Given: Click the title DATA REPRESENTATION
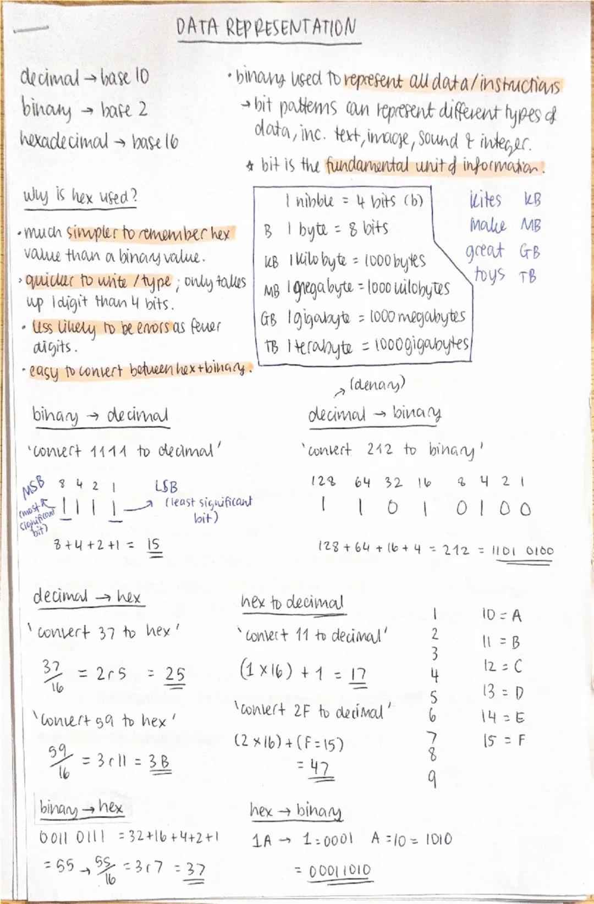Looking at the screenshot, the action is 266,27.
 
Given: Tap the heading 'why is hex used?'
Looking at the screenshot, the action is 80,196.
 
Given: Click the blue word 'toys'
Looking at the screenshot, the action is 490,273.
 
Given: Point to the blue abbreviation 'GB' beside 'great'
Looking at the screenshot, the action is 530,252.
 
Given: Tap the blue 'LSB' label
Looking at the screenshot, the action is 167,487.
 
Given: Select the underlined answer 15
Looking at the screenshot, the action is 153,545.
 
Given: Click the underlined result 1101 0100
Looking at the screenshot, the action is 522,550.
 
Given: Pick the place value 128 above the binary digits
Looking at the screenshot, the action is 323,482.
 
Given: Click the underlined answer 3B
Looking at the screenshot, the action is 159,762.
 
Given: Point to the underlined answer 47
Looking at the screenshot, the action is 320,767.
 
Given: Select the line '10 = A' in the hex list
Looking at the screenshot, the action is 501,615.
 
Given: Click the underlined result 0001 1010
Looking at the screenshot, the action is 339,870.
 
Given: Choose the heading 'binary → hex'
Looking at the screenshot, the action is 81,808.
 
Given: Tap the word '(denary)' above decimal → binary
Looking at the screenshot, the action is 377,384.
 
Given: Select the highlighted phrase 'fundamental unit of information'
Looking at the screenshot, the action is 433,166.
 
